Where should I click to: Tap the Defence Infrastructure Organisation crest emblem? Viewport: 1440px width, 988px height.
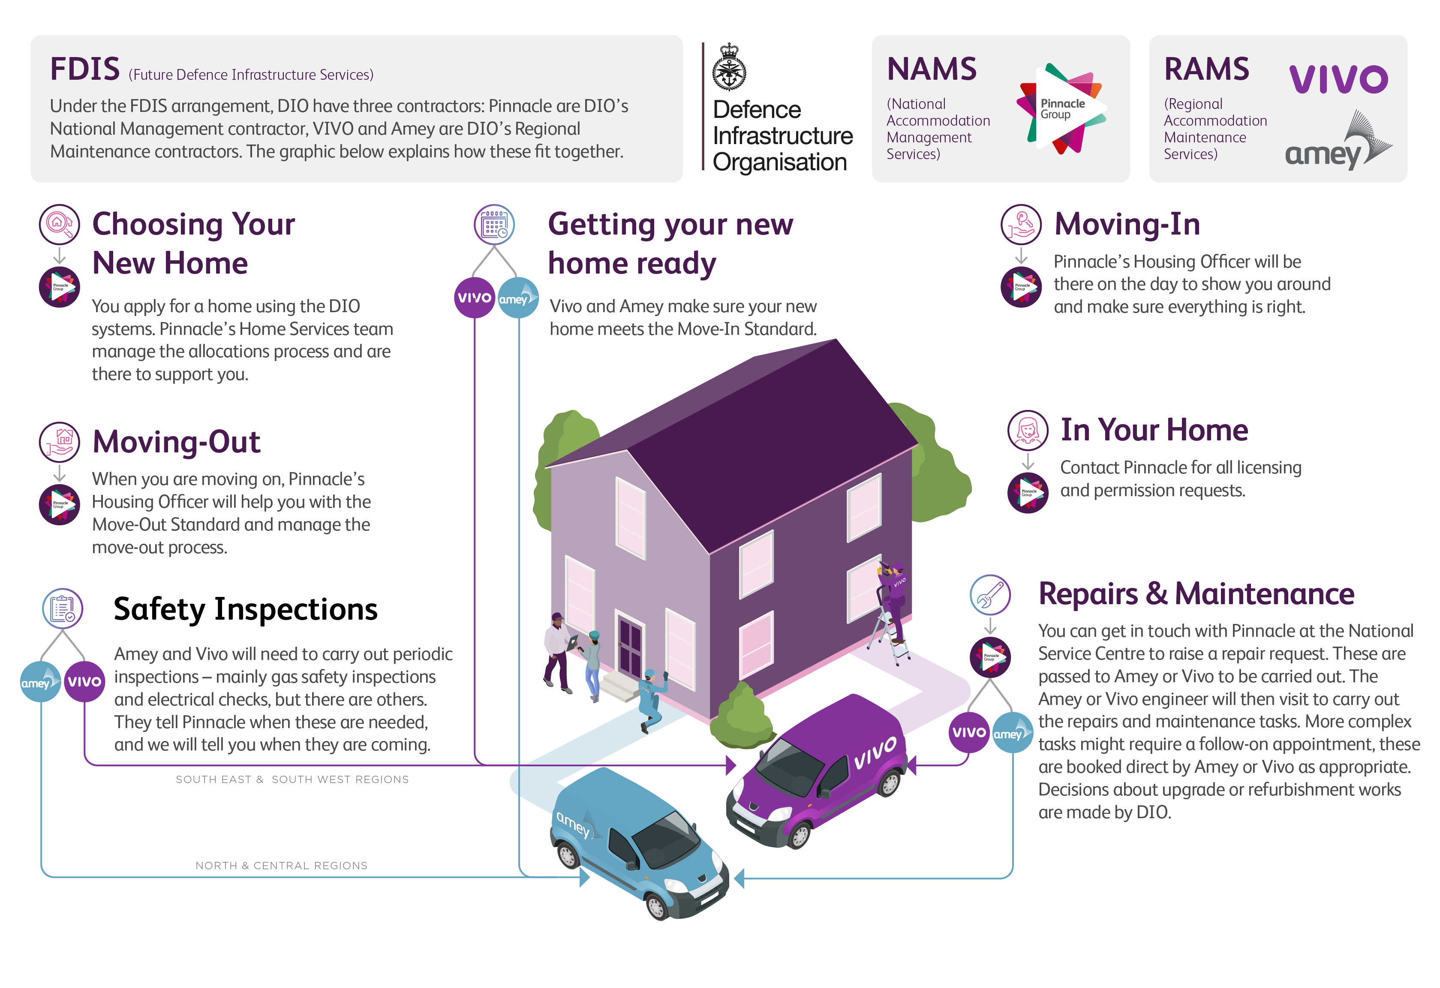click(x=729, y=68)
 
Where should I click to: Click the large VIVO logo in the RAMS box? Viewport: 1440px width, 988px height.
click(x=1338, y=79)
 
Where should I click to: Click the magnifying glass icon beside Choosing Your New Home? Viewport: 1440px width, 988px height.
click(x=60, y=224)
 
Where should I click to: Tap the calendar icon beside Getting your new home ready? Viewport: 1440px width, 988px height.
click(x=494, y=224)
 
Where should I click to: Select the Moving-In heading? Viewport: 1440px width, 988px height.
click(x=1127, y=224)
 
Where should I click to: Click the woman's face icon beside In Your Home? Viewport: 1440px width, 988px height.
click(x=1028, y=430)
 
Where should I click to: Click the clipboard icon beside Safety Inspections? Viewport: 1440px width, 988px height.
click(x=63, y=608)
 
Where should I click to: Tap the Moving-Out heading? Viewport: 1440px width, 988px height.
click(x=176, y=442)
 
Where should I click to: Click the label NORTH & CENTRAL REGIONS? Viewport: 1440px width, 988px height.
click(x=281, y=865)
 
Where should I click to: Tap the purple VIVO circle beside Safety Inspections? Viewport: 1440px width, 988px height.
click(x=84, y=681)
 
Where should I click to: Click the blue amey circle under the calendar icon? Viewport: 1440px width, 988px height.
click(x=518, y=298)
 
